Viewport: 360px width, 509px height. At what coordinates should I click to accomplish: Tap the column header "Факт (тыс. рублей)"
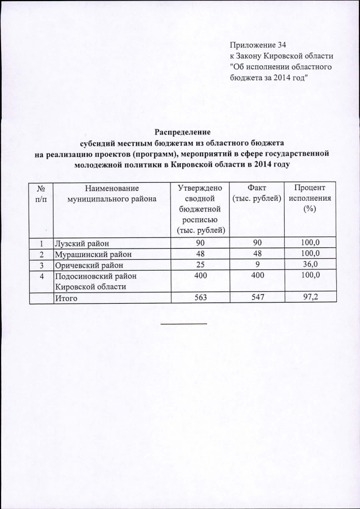tap(256, 193)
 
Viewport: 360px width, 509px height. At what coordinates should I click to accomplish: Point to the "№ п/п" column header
tap(41, 193)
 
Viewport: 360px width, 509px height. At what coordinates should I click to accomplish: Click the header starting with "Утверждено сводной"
tap(200, 209)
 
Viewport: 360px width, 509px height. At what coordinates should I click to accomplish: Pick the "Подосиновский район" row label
tap(94, 276)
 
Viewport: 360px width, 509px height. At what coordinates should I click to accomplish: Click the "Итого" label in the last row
tap(66, 299)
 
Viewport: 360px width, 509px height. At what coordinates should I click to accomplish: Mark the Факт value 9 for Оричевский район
tap(256, 264)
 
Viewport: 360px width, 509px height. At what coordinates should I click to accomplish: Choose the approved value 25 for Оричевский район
tap(200, 264)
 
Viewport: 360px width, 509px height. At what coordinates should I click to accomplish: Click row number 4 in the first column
tap(41, 276)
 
